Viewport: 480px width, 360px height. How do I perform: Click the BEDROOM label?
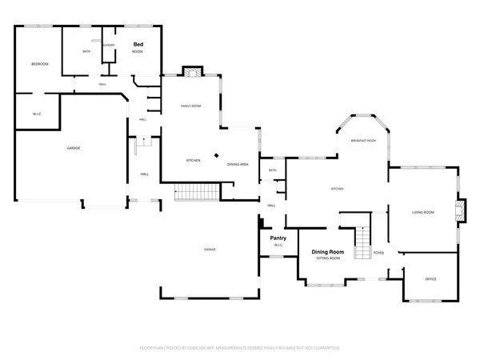coord(40,64)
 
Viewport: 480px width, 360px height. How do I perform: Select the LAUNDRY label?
coord(110,46)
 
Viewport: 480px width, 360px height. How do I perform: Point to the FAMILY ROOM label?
coord(190,106)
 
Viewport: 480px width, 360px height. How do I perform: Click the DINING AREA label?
coord(237,164)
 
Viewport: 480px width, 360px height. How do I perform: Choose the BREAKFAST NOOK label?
coord(362,140)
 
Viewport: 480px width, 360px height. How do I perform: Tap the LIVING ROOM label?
coord(422,212)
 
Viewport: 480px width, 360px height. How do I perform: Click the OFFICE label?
coord(430,278)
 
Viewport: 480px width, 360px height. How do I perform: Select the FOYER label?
coord(379,253)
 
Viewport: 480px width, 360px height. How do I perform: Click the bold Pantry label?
coord(278,238)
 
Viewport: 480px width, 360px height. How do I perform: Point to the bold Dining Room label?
coord(327,252)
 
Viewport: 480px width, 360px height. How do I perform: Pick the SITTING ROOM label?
coord(326,258)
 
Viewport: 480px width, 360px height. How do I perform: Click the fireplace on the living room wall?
coord(458,210)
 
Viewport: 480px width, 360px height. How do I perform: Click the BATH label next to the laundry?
coord(86,52)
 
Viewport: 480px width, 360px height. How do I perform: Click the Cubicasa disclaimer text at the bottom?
coord(240,349)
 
